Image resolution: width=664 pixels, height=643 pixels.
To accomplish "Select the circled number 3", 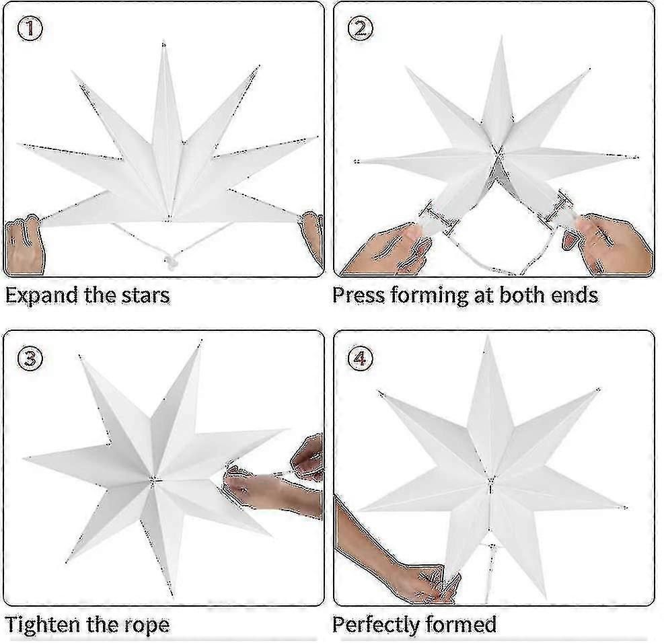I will (x=30, y=358).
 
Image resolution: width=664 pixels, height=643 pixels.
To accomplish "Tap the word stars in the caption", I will (x=143, y=295).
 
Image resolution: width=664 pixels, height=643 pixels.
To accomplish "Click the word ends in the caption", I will (x=571, y=295).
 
